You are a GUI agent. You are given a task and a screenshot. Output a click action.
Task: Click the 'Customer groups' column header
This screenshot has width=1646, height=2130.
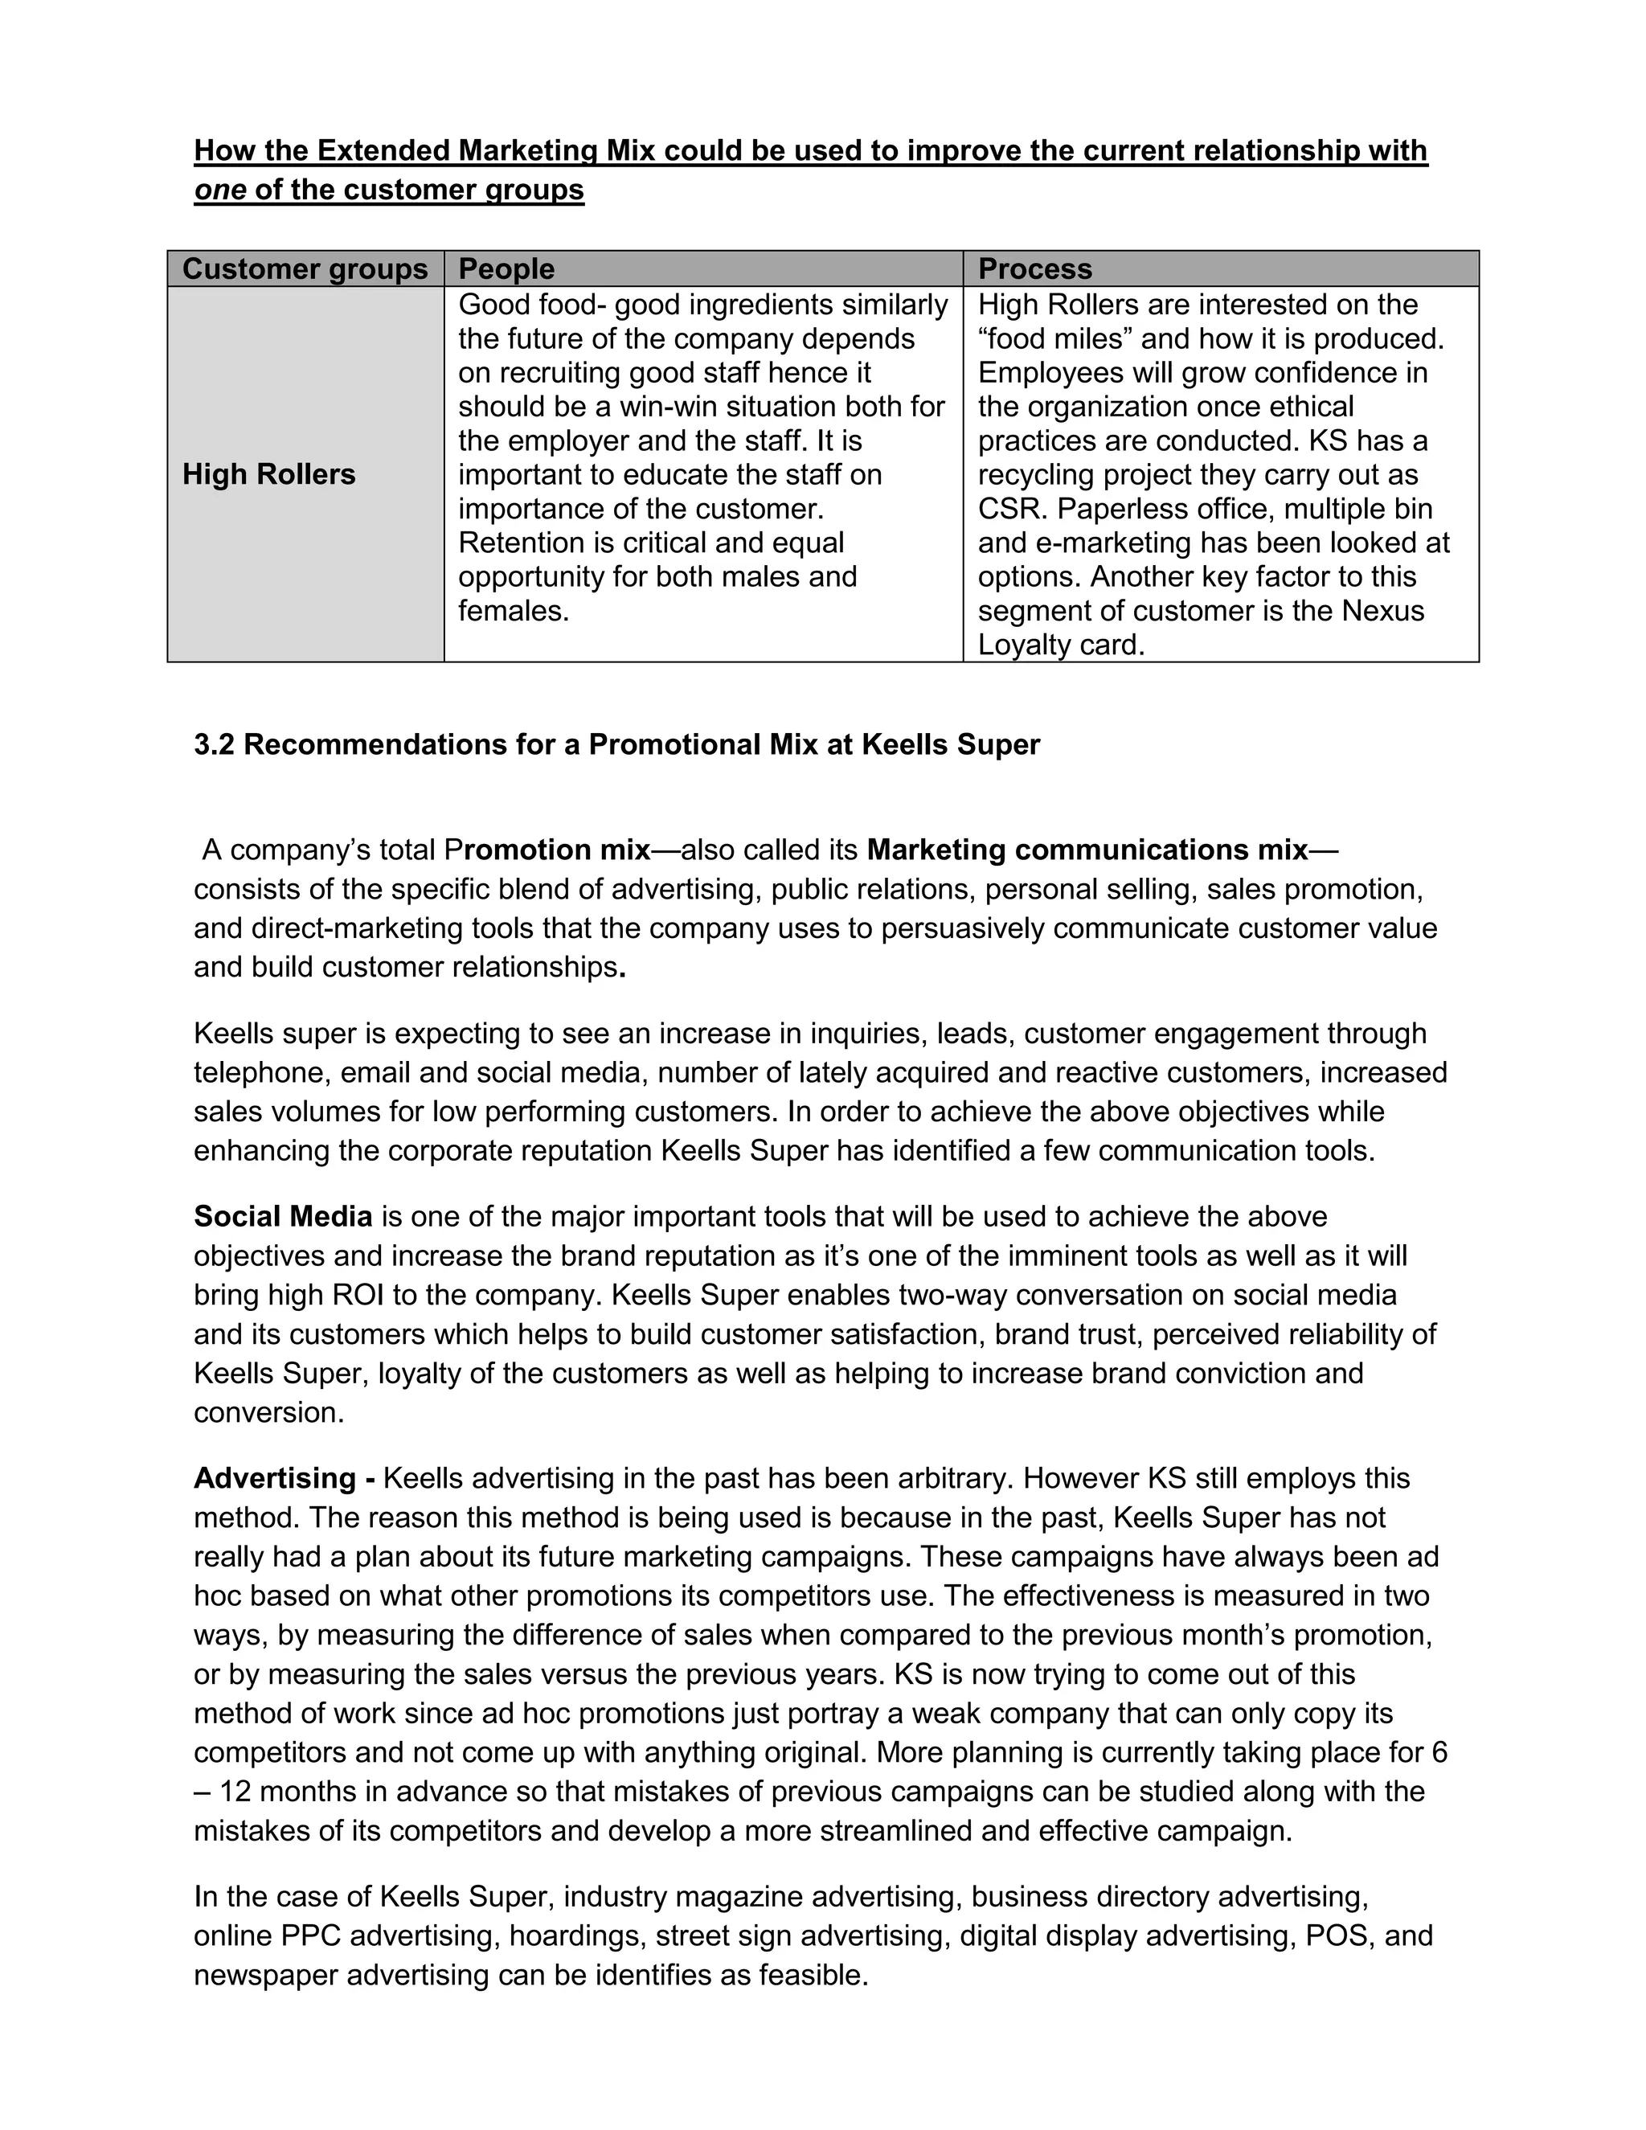coord(305,269)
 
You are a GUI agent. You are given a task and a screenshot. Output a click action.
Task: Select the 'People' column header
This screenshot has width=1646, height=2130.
coord(506,269)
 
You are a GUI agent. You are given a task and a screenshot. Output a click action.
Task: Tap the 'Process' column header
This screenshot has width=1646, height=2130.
coord(1034,269)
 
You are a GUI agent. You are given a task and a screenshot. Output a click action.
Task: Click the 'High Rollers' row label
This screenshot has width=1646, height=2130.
coord(269,474)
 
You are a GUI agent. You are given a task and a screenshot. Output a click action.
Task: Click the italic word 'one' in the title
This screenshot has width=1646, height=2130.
coord(219,189)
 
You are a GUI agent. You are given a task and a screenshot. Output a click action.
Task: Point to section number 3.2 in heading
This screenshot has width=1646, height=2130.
coord(214,744)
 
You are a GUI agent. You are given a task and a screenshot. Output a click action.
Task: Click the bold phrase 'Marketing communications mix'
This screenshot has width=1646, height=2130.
coord(1087,850)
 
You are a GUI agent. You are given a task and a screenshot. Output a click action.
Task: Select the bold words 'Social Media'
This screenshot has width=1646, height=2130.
coord(283,1216)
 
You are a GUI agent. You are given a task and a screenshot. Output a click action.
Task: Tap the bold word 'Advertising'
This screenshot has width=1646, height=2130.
coord(275,1477)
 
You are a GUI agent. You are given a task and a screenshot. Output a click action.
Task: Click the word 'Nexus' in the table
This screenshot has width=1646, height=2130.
coord(1382,611)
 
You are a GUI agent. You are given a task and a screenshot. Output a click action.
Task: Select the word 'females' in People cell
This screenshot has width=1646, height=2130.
coord(513,611)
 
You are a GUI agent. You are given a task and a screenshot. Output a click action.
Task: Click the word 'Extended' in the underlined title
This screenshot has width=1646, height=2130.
coord(383,150)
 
